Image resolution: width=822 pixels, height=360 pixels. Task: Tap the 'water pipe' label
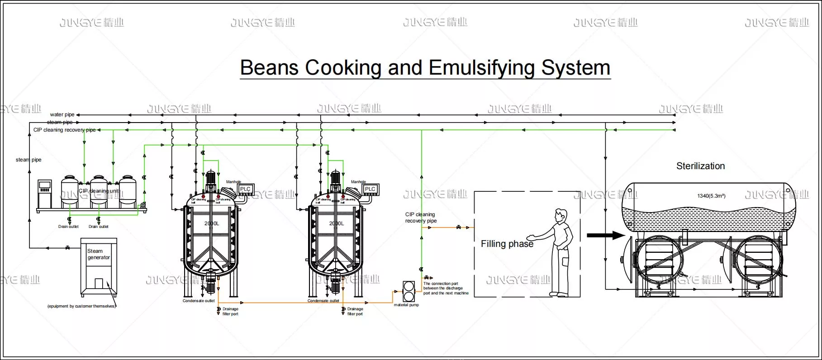(62, 115)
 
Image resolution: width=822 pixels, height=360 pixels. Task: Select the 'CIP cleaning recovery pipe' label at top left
(64, 130)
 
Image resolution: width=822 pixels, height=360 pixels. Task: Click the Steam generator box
(99, 267)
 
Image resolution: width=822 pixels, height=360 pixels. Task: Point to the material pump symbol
(409, 291)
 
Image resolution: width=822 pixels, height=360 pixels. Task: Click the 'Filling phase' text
(507, 244)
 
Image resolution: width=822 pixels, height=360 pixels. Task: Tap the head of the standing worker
(561, 215)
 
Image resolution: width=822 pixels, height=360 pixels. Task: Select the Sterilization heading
(700, 166)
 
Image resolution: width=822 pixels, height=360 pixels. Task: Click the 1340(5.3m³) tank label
(711, 196)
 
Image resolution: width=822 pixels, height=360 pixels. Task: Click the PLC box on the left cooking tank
(245, 189)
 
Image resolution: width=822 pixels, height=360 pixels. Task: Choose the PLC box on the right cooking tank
(370, 189)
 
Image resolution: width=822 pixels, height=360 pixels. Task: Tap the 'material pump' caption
(406, 305)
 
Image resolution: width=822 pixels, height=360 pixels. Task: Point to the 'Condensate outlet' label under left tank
(199, 301)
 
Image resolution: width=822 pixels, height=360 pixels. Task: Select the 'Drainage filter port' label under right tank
(355, 312)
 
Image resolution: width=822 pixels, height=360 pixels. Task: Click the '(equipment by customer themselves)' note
(81, 307)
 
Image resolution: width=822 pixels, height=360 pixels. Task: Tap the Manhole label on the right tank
(358, 182)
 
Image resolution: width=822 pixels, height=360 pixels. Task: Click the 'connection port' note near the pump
(446, 289)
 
